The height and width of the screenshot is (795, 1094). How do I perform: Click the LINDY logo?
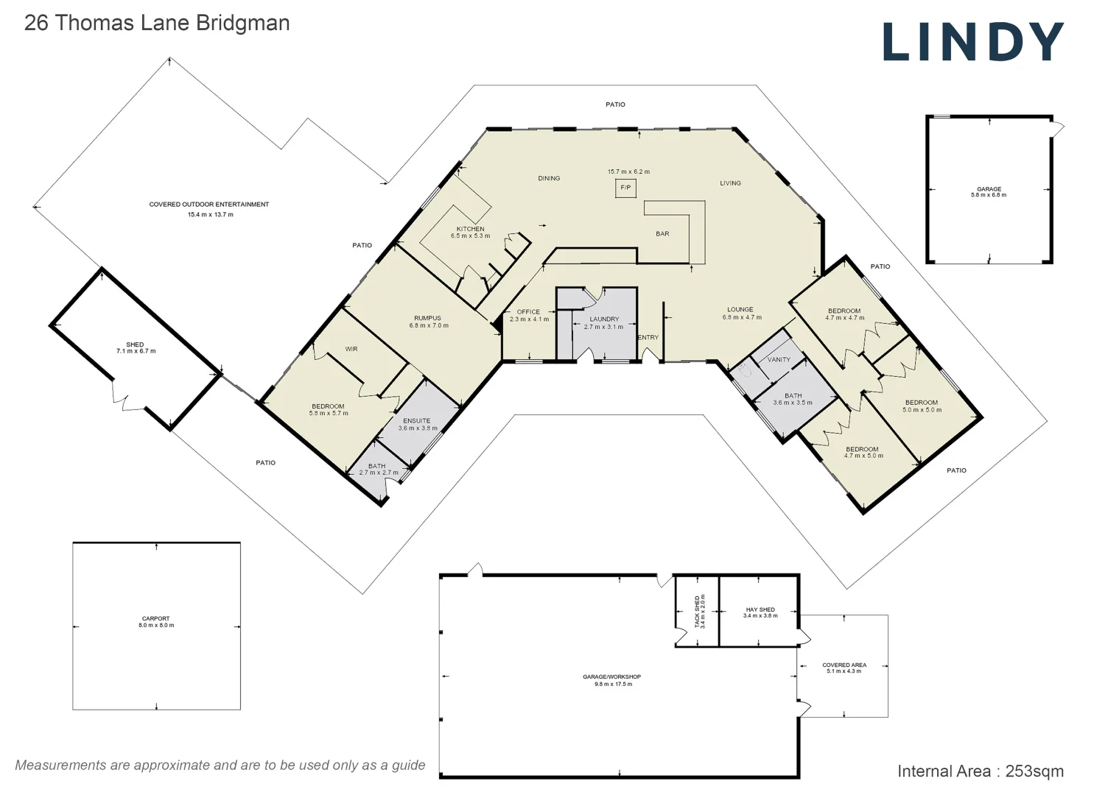point(972,42)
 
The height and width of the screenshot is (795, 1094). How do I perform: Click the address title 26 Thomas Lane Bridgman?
point(157,23)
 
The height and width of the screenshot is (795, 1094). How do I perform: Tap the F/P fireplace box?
point(625,188)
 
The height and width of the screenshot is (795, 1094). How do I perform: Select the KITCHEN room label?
point(470,229)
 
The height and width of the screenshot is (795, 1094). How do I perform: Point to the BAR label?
point(662,234)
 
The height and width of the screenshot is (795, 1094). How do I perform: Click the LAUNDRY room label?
point(604,319)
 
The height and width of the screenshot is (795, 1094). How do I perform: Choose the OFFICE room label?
point(528,312)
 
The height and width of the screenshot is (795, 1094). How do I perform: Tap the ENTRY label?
point(648,338)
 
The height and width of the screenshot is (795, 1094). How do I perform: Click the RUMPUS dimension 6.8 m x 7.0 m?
point(429,325)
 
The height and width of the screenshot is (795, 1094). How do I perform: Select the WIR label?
point(351,349)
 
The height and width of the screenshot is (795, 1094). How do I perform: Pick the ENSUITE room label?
point(417,421)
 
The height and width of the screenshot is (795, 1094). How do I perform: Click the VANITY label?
point(779,360)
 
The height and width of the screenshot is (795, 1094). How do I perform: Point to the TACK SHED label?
point(698,611)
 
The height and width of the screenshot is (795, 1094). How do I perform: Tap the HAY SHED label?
point(760,609)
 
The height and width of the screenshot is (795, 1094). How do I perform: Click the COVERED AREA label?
point(844,665)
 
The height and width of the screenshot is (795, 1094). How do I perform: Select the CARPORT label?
point(156,618)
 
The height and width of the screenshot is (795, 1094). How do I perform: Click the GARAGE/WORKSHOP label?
point(612,676)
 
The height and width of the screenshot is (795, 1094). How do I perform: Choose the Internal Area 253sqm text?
point(980,771)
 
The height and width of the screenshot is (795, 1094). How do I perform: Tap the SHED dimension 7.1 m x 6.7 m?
point(136,351)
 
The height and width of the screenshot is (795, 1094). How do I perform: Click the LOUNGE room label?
point(740,310)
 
